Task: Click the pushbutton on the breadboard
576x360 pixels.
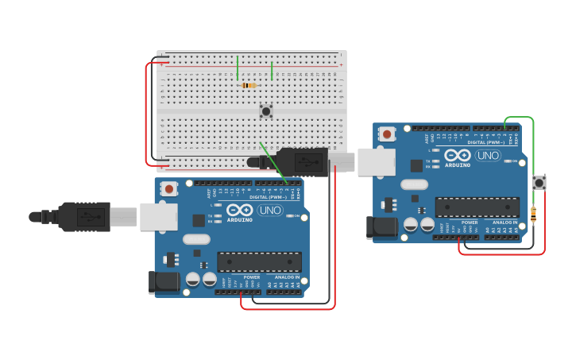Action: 265,111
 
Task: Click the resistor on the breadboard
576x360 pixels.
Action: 248,85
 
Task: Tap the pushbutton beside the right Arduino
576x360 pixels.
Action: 539,183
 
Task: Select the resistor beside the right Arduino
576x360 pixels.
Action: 533,214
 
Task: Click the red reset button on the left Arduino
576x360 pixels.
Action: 168,189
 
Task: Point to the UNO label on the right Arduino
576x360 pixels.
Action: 488,156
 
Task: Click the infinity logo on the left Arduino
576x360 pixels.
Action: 239,211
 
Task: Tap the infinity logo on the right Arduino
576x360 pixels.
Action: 458,156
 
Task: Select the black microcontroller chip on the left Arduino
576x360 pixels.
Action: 259,261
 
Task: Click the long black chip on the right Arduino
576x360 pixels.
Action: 477,207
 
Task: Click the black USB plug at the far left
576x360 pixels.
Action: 83,216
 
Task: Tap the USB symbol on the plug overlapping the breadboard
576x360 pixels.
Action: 308,161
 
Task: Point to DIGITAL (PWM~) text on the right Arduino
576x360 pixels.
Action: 488,142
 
